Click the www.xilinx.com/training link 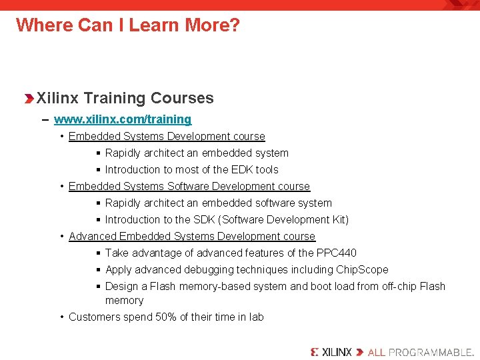[x=123, y=119]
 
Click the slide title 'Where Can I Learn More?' [x=127, y=25]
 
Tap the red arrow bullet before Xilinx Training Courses [x=28, y=99]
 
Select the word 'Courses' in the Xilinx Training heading [x=182, y=99]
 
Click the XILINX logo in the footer [x=331, y=351]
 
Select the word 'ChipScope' [x=362, y=270]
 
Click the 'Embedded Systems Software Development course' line [x=189, y=187]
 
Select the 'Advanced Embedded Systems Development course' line [x=192, y=237]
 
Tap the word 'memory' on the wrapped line [x=124, y=301]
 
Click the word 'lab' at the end [x=257, y=317]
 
